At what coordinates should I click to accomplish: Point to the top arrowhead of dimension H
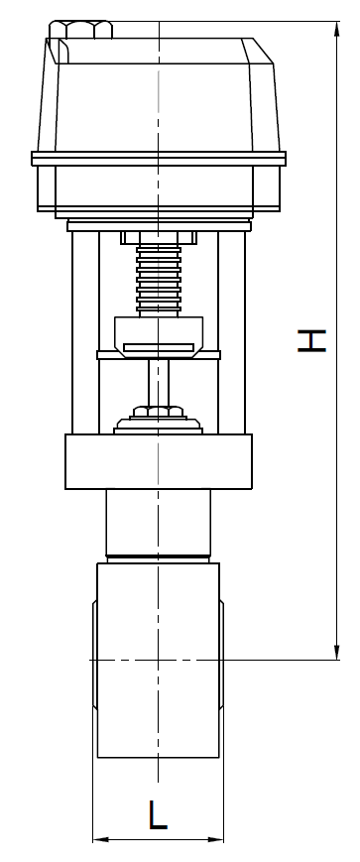pos(336,29)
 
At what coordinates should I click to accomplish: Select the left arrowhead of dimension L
pos(98,841)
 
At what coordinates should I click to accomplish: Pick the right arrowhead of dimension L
pos(217,841)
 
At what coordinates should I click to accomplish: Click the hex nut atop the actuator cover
pos(80,28)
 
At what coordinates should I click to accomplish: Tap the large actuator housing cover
pos(159,94)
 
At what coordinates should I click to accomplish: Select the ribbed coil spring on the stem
pos(159,280)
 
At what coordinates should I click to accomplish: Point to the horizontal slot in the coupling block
pos(159,345)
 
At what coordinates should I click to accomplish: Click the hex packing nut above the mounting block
pos(159,409)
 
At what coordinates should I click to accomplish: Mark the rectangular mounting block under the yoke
pos(159,461)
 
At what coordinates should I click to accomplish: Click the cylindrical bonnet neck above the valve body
pos(159,523)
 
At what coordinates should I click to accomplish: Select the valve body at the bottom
pos(159,660)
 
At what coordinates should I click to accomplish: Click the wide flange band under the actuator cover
pos(159,158)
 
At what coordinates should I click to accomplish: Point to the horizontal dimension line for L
pos(129,841)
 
